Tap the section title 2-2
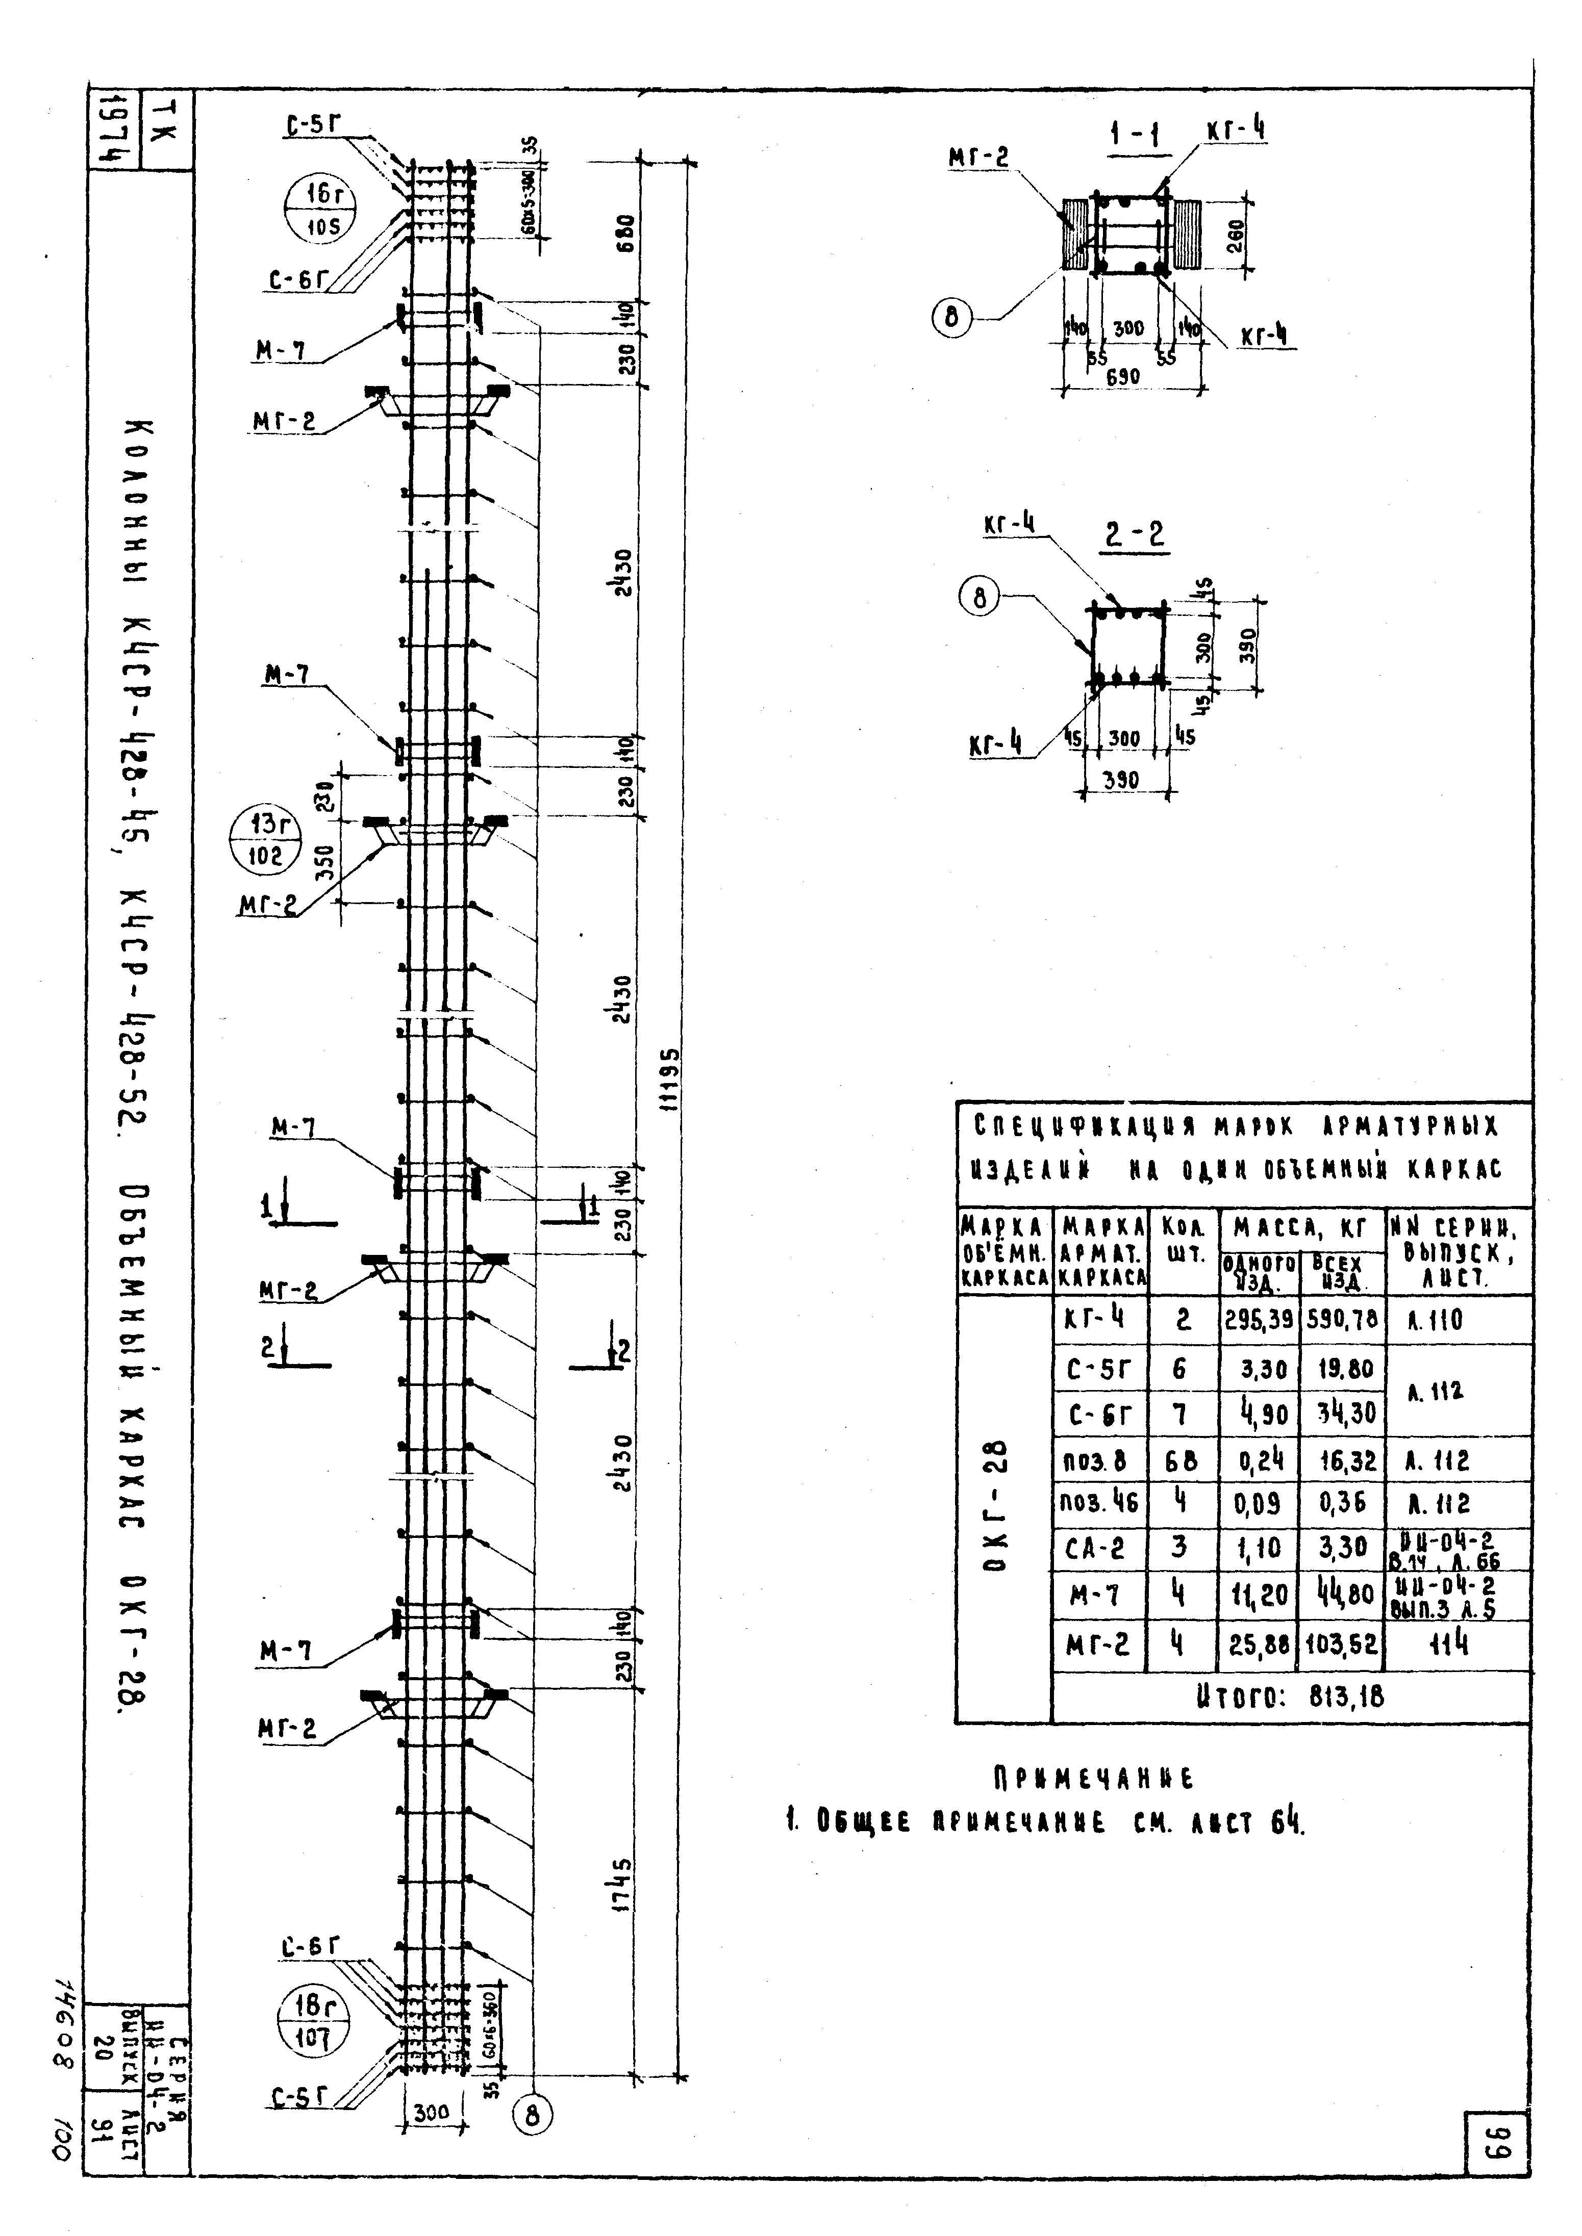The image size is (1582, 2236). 1136,535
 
